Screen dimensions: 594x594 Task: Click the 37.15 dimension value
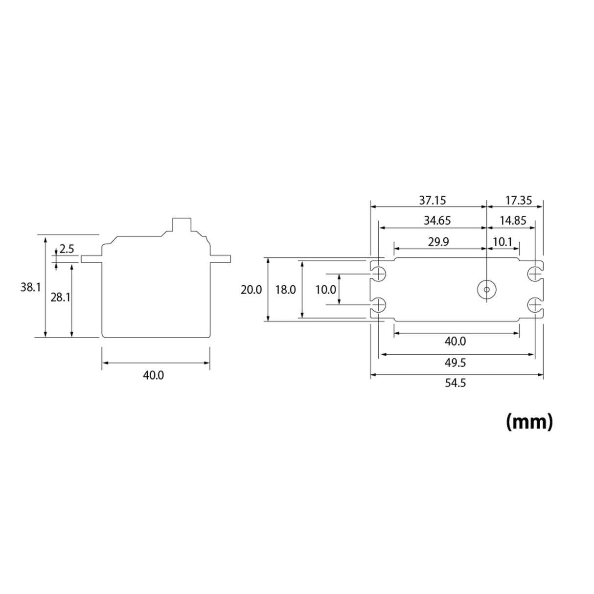click(432, 200)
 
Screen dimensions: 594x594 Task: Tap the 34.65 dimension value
click(437, 221)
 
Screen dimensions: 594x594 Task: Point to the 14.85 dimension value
click(513, 221)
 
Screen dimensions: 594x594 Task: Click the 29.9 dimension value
click(438, 242)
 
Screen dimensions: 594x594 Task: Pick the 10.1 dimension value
click(502, 242)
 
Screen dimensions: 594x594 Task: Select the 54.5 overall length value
click(455, 383)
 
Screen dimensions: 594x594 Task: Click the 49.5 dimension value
click(455, 363)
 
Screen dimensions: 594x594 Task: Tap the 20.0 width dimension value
click(251, 290)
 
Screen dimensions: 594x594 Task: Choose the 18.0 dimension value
click(285, 290)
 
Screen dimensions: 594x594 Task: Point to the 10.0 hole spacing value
click(325, 290)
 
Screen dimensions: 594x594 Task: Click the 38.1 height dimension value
click(30, 287)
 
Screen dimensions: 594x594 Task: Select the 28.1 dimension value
click(60, 297)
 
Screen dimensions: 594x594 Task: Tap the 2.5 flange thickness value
click(67, 249)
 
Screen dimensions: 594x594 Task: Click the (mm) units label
click(529, 421)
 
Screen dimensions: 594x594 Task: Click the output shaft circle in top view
click(487, 289)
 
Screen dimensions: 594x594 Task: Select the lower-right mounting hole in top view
click(535, 305)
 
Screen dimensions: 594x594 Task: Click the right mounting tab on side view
click(220, 259)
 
